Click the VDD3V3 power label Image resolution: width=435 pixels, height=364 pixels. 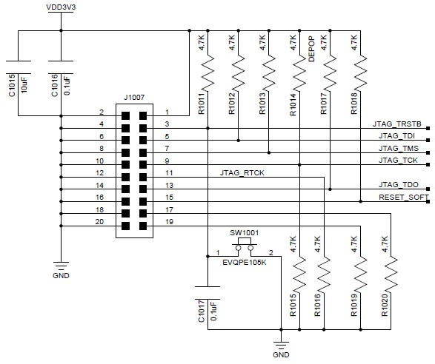pyautogui.click(x=61, y=7)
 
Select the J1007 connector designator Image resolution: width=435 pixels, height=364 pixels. pyautogui.click(x=134, y=98)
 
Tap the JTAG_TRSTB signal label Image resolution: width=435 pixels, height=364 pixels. pyautogui.click(x=396, y=124)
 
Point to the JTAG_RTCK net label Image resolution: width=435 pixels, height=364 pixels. pyautogui.click(x=242, y=173)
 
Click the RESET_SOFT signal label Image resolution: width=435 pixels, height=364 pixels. pyautogui.click(x=404, y=198)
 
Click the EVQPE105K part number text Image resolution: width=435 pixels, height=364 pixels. pyautogui.click(x=244, y=263)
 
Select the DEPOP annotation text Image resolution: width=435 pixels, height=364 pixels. pyautogui.click(x=312, y=49)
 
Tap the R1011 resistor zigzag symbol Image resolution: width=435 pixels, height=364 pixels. pyautogui.click(x=207, y=73)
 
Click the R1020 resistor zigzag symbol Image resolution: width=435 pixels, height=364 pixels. pyautogui.click(x=391, y=274)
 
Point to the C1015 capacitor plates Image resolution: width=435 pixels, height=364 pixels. pyautogui.click(x=18, y=67)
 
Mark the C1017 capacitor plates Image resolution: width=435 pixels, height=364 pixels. pyautogui.click(x=207, y=293)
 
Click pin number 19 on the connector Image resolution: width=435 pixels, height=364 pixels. pyautogui.click(x=169, y=222)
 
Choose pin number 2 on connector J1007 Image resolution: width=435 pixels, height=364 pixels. pyautogui.click(x=102, y=112)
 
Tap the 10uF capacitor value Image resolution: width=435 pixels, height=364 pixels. pyautogui.click(x=24, y=85)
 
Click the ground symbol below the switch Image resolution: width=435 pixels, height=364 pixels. pyautogui.click(x=281, y=346)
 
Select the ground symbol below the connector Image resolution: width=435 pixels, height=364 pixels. pyautogui.click(x=61, y=266)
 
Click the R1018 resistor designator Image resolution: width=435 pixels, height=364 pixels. pyautogui.click(x=354, y=104)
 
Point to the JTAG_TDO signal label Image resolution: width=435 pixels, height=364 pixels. pyautogui.click(x=399, y=184)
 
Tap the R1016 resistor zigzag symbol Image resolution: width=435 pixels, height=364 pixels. pyautogui.click(x=324, y=274)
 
